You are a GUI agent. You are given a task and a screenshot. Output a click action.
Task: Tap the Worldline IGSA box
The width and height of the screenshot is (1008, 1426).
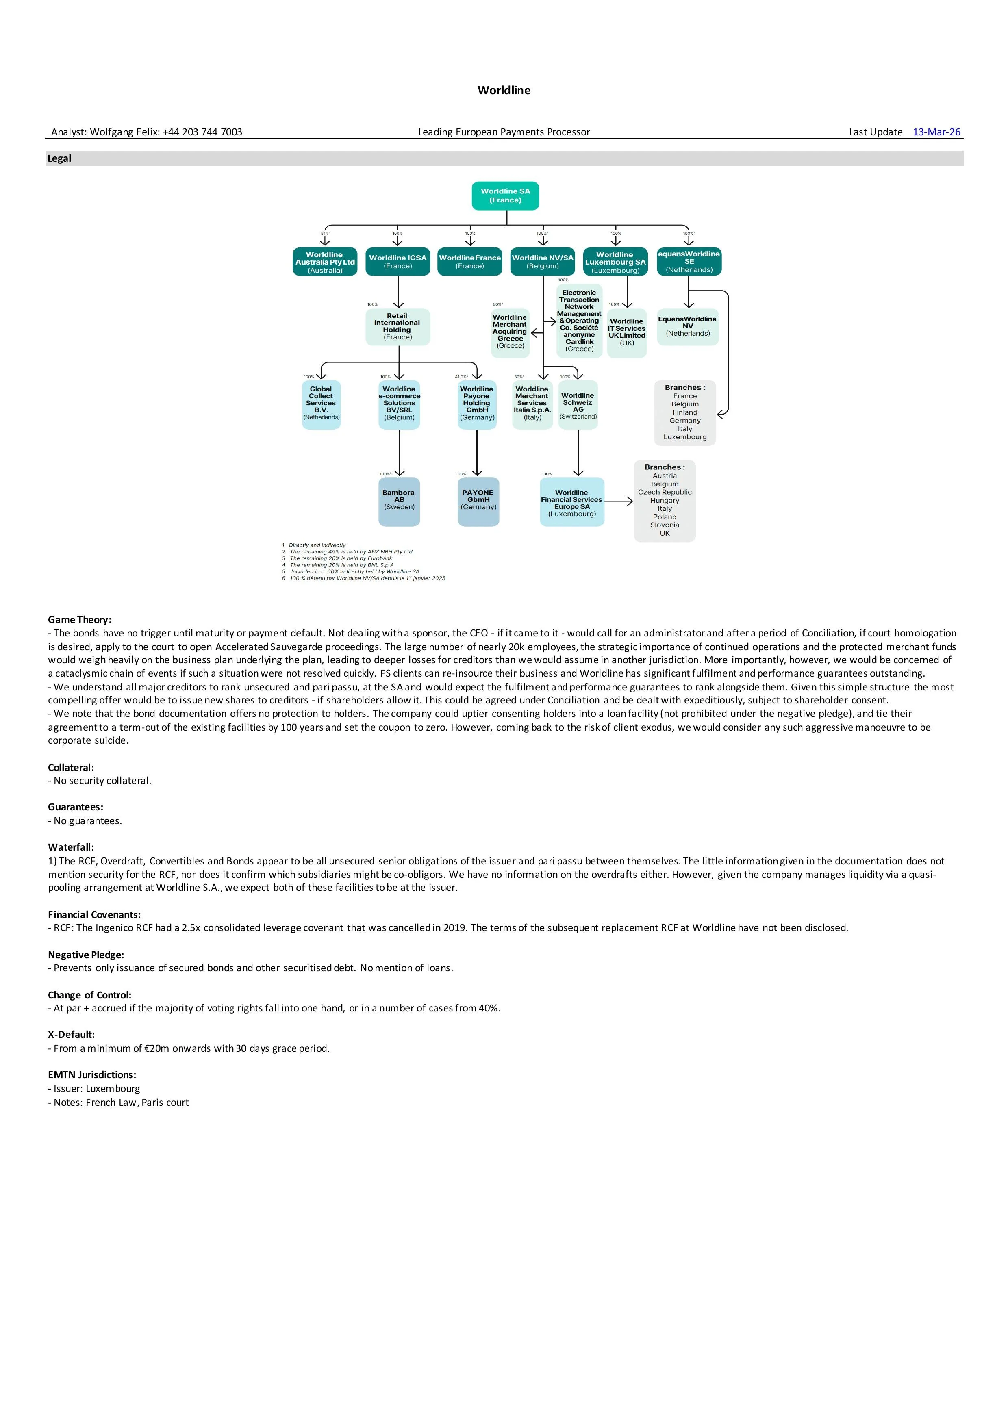398,261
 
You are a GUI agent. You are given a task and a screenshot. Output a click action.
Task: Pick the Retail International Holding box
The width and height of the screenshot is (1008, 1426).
398,327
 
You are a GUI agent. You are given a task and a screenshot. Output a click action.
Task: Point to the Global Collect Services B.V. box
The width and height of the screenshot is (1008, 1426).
321,404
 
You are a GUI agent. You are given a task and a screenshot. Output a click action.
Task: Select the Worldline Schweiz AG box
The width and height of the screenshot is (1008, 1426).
578,405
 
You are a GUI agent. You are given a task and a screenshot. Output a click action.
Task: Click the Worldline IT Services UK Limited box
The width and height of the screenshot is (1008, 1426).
627,333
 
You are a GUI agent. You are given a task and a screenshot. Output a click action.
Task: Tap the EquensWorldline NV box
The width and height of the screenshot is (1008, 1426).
688,327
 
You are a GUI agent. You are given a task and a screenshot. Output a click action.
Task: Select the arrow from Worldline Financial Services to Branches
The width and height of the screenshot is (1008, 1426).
619,501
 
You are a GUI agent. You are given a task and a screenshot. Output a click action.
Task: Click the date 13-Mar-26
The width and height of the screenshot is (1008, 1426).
936,132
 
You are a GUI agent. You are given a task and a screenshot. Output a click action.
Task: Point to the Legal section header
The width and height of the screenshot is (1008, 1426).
60,158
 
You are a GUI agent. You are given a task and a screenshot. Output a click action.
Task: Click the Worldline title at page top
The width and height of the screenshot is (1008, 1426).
504,90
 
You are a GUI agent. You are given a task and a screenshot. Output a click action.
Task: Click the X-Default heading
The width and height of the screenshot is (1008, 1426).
71,1035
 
